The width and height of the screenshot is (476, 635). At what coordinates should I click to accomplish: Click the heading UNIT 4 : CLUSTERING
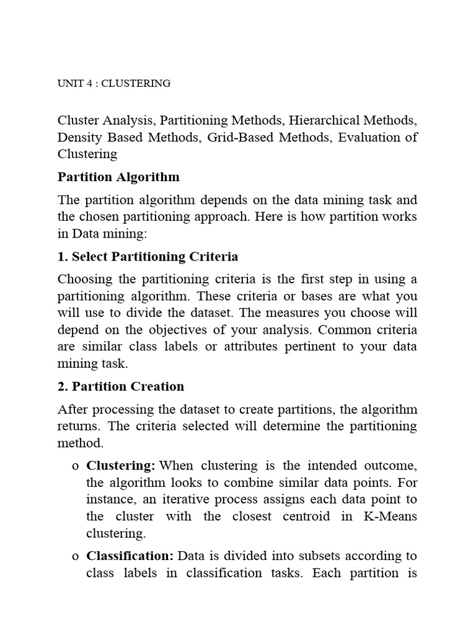click(x=114, y=83)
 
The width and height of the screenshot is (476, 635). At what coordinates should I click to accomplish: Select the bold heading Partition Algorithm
click(x=118, y=177)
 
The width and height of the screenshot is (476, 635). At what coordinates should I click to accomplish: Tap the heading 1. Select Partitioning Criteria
click(x=148, y=257)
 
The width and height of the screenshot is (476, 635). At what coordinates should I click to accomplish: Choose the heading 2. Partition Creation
click(x=121, y=386)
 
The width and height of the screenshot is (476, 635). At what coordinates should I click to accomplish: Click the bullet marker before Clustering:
click(x=75, y=466)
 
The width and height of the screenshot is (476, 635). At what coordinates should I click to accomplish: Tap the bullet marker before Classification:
click(x=75, y=557)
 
